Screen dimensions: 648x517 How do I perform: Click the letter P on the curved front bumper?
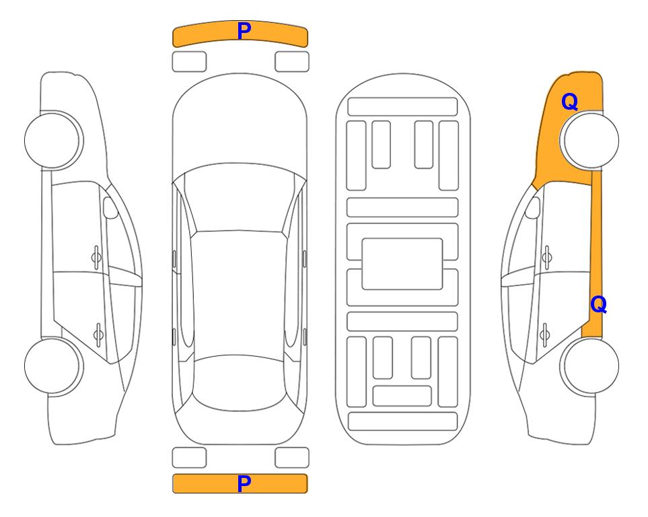[244, 31]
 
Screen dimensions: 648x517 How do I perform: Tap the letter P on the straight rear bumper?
[244, 483]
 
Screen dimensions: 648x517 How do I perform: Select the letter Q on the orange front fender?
[569, 102]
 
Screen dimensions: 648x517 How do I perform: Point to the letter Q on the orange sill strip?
[598, 304]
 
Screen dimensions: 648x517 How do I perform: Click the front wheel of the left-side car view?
[53, 140]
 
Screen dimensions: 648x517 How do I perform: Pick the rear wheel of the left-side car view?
[53, 366]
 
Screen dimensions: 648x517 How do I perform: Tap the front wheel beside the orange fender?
[589, 140]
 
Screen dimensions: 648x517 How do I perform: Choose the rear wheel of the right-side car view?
[589, 366]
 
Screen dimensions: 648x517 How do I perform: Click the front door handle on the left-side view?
[96, 258]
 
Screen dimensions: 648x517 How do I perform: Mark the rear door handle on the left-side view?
[98, 334]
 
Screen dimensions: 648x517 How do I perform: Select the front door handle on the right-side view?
[547, 258]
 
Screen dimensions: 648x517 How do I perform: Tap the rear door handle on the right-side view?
[545, 334]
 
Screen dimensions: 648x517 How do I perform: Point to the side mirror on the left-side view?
[110, 207]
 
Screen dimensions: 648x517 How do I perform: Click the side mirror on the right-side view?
[533, 207]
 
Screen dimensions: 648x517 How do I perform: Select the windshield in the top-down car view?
[240, 198]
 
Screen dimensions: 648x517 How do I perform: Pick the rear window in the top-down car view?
[240, 382]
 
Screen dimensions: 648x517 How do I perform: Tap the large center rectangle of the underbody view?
[402, 264]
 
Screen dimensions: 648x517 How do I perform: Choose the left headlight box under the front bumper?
[189, 62]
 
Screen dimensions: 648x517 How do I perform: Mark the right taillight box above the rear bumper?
[292, 458]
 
